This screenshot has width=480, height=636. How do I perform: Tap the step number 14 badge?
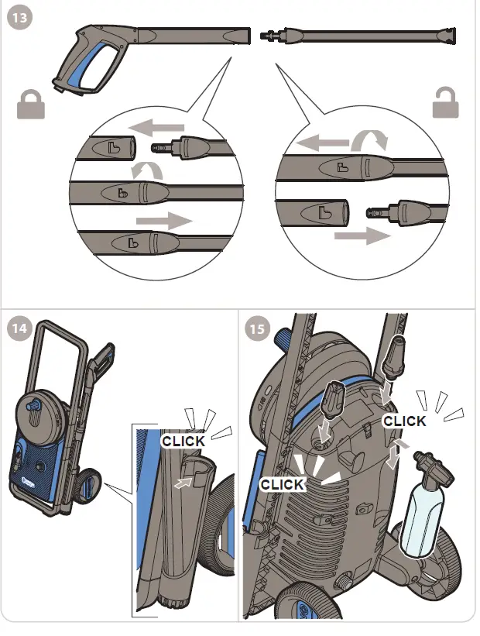click(x=19, y=328)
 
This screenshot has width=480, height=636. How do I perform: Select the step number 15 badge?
click(x=257, y=328)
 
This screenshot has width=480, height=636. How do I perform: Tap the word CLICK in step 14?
click(x=183, y=441)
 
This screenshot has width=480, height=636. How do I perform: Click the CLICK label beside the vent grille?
click(x=283, y=483)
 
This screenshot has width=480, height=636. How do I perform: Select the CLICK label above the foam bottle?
click(x=404, y=421)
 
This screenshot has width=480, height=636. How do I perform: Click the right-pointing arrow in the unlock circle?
click(x=362, y=235)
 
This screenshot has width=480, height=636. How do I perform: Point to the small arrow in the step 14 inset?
click(x=183, y=483)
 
